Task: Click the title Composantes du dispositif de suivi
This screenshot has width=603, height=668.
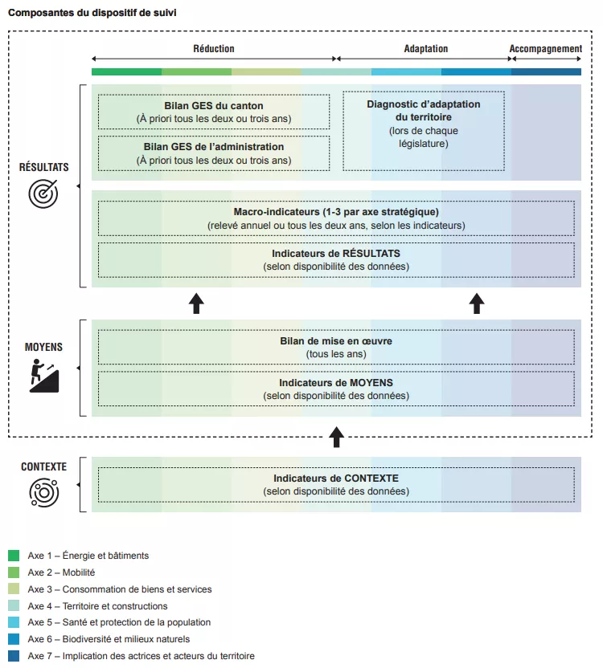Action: pyautogui.click(x=93, y=14)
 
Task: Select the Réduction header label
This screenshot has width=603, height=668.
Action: pyautogui.click(x=214, y=49)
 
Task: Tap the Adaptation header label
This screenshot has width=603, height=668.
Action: pyautogui.click(x=425, y=49)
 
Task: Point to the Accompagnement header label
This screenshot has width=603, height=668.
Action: pyautogui.click(x=546, y=49)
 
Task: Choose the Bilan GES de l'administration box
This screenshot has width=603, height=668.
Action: pyautogui.click(x=214, y=153)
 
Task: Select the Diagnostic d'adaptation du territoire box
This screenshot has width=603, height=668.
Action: pyautogui.click(x=424, y=130)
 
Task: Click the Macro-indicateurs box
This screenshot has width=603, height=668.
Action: pyautogui.click(x=336, y=218)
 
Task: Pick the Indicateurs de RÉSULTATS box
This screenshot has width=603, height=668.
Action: pyautogui.click(x=336, y=259)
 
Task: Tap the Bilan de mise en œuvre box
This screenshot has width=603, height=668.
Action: pyautogui.click(x=336, y=347)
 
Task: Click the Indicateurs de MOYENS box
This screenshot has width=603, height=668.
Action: pyautogui.click(x=336, y=389)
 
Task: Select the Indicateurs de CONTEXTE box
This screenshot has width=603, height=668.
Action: pyautogui.click(x=336, y=484)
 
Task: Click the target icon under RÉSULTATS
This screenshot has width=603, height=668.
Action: pyautogui.click(x=43, y=193)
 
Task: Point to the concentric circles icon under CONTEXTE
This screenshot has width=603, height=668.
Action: pyautogui.click(x=43, y=491)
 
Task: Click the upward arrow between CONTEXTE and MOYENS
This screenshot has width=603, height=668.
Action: pyautogui.click(x=337, y=438)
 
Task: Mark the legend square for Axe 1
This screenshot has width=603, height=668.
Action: pyautogui.click(x=14, y=556)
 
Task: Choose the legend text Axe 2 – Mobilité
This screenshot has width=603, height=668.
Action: pyautogui.click(x=61, y=572)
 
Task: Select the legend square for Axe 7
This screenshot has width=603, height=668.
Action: pyautogui.click(x=14, y=656)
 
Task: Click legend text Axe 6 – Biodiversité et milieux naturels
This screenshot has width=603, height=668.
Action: pyautogui.click(x=109, y=639)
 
